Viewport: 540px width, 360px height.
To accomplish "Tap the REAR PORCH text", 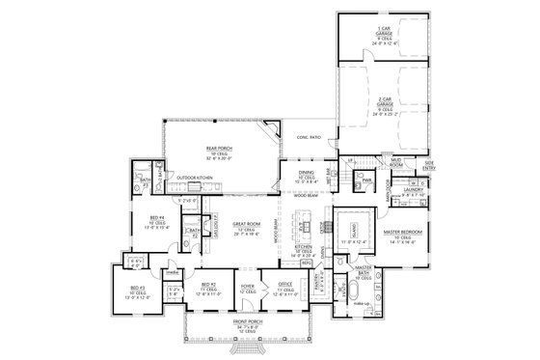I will pyautogui.click(x=216, y=149).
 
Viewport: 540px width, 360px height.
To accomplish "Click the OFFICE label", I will pyautogui.click(x=286, y=287).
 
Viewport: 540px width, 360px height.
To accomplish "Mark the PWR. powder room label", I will pyautogui.click(x=368, y=180).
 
